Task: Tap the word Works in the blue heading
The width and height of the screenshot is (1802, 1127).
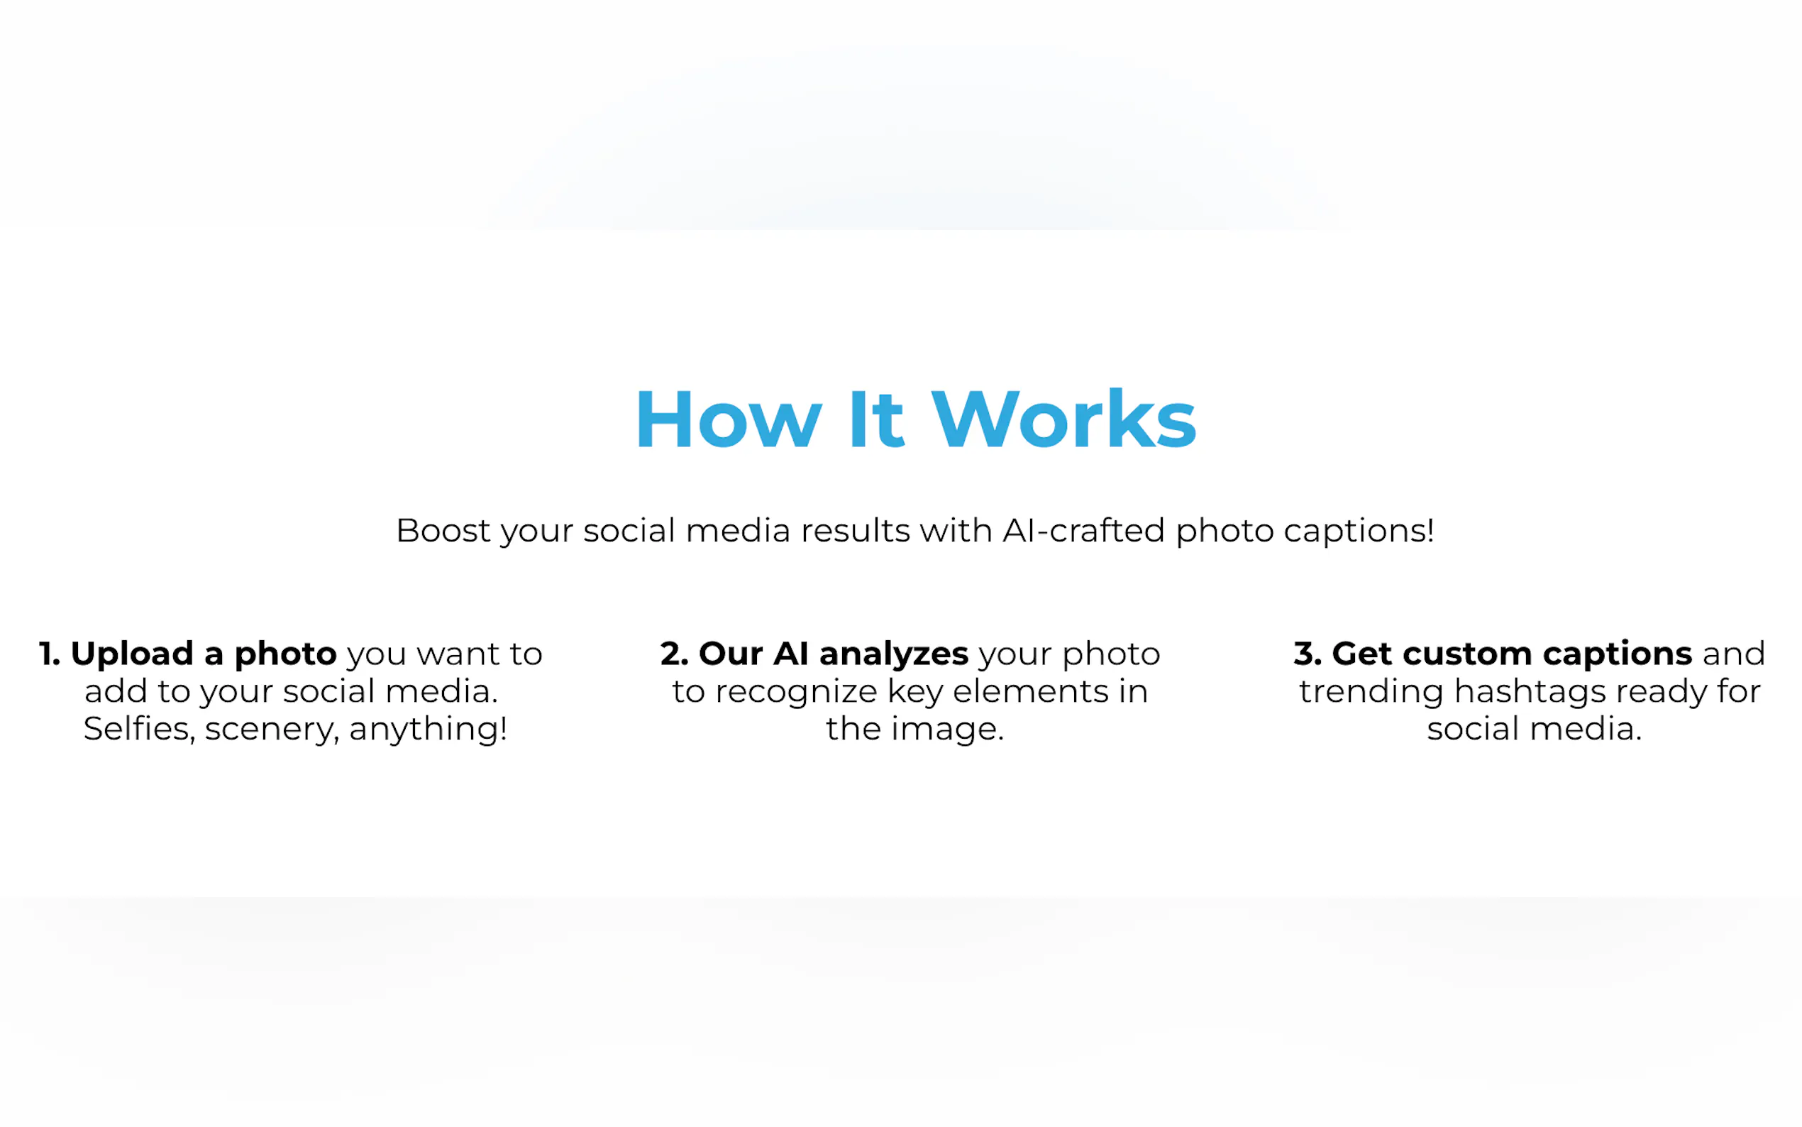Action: coord(1063,419)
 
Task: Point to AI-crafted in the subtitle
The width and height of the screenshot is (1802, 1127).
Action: coord(1083,531)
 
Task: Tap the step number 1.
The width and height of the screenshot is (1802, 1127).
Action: coord(49,654)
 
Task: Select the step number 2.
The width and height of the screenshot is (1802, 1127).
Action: coord(673,654)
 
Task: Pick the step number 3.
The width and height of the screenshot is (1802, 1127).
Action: coord(1308,654)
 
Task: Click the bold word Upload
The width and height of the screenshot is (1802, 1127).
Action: coord(132,654)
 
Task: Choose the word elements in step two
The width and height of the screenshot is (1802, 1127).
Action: coord(1030,691)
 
